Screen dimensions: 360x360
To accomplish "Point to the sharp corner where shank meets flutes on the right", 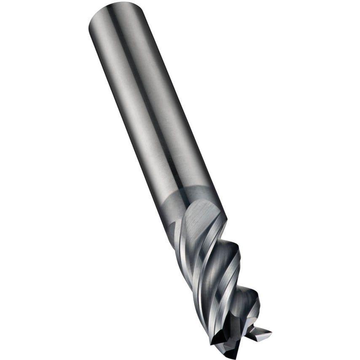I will point(226,219).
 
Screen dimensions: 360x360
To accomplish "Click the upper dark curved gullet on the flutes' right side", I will point(230,253).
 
